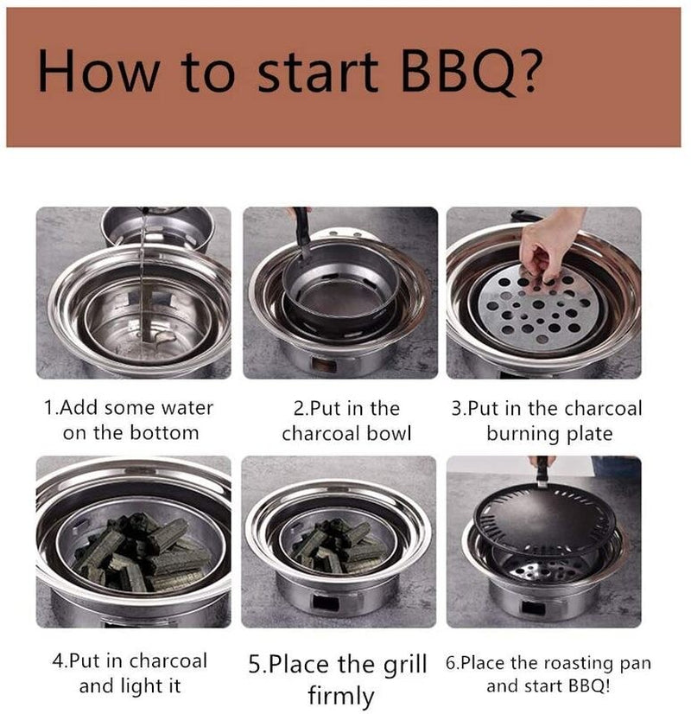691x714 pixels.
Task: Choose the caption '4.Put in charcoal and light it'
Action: pos(130,674)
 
